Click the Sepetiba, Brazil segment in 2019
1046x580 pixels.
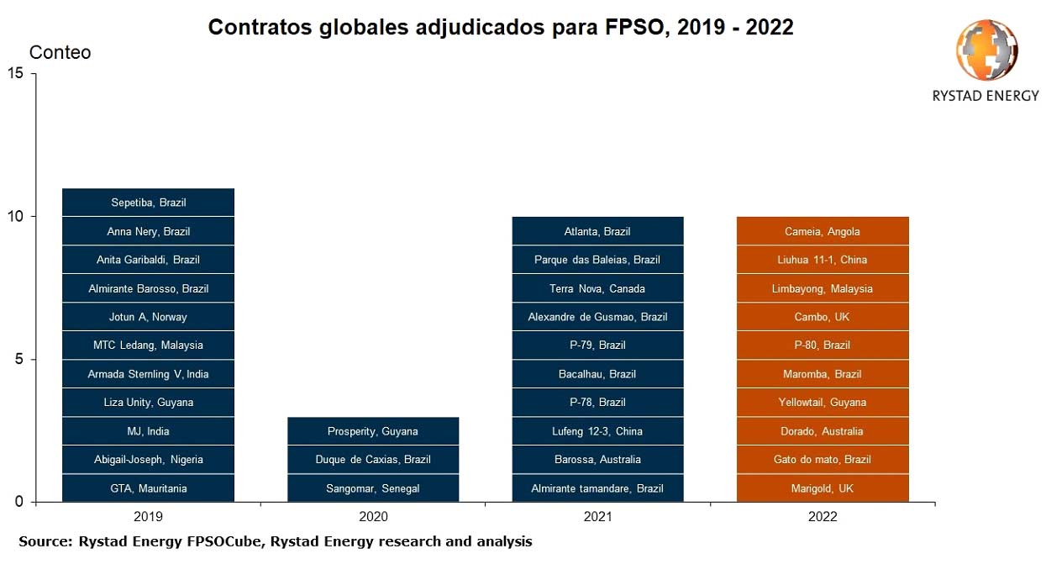(x=148, y=203)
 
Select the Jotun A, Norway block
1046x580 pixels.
(x=148, y=317)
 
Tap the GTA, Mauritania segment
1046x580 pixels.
(x=148, y=488)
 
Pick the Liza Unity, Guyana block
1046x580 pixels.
(x=148, y=403)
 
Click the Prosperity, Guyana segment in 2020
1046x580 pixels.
(x=372, y=431)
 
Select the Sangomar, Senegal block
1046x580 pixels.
(x=372, y=488)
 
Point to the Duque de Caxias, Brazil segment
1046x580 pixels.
(x=372, y=460)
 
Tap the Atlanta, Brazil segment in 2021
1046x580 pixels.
(x=597, y=231)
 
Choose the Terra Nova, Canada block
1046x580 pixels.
(x=597, y=288)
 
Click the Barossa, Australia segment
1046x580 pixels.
(x=597, y=460)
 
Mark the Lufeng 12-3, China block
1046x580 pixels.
(x=597, y=431)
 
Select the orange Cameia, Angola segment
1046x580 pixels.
(x=823, y=231)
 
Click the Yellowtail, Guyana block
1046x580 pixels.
(x=823, y=403)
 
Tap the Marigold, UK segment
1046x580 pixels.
(x=823, y=488)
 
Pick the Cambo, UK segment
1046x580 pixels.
(x=823, y=317)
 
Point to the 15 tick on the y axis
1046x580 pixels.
(x=14, y=74)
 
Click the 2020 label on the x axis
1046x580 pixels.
(x=373, y=517)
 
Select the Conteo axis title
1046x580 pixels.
(x=60, y=53)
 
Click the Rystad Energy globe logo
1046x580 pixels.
(x=986, y=50)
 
